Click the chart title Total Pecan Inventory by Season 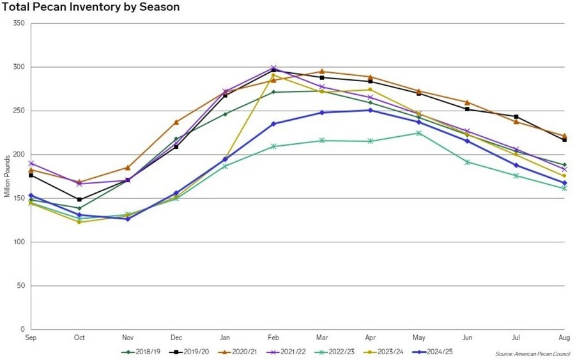click(x=90, y=7)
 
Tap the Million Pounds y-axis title click(x=6, y=175)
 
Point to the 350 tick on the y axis click(x=19, y=23)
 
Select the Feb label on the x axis click(x=273, y=336)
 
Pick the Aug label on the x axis click(x=564, y=336)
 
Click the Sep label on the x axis click(x=30, y=336)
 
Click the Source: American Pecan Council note click(x=532, y=354)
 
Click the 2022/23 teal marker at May click(x=418, y=133)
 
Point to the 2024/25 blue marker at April click(x=370, y=110)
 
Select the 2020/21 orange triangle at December click(x=176, y=121)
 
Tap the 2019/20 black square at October click(x=79, y=200)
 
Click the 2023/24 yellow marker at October click(x=79, y=222)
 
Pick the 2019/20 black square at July click(x=516, y=117)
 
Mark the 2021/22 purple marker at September click(x=31, y=164)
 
